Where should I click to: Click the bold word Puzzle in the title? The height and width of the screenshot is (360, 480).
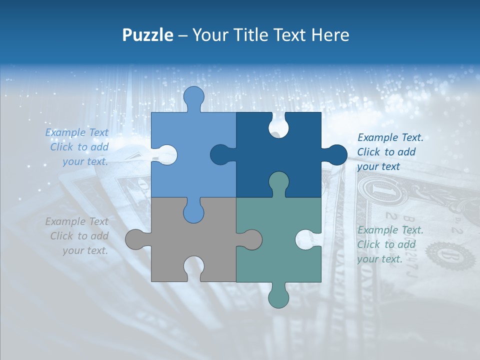tap(147, 35)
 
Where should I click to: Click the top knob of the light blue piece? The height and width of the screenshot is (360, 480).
tap(194, 97)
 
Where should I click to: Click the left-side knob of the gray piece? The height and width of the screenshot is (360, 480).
tap(136, 239)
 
